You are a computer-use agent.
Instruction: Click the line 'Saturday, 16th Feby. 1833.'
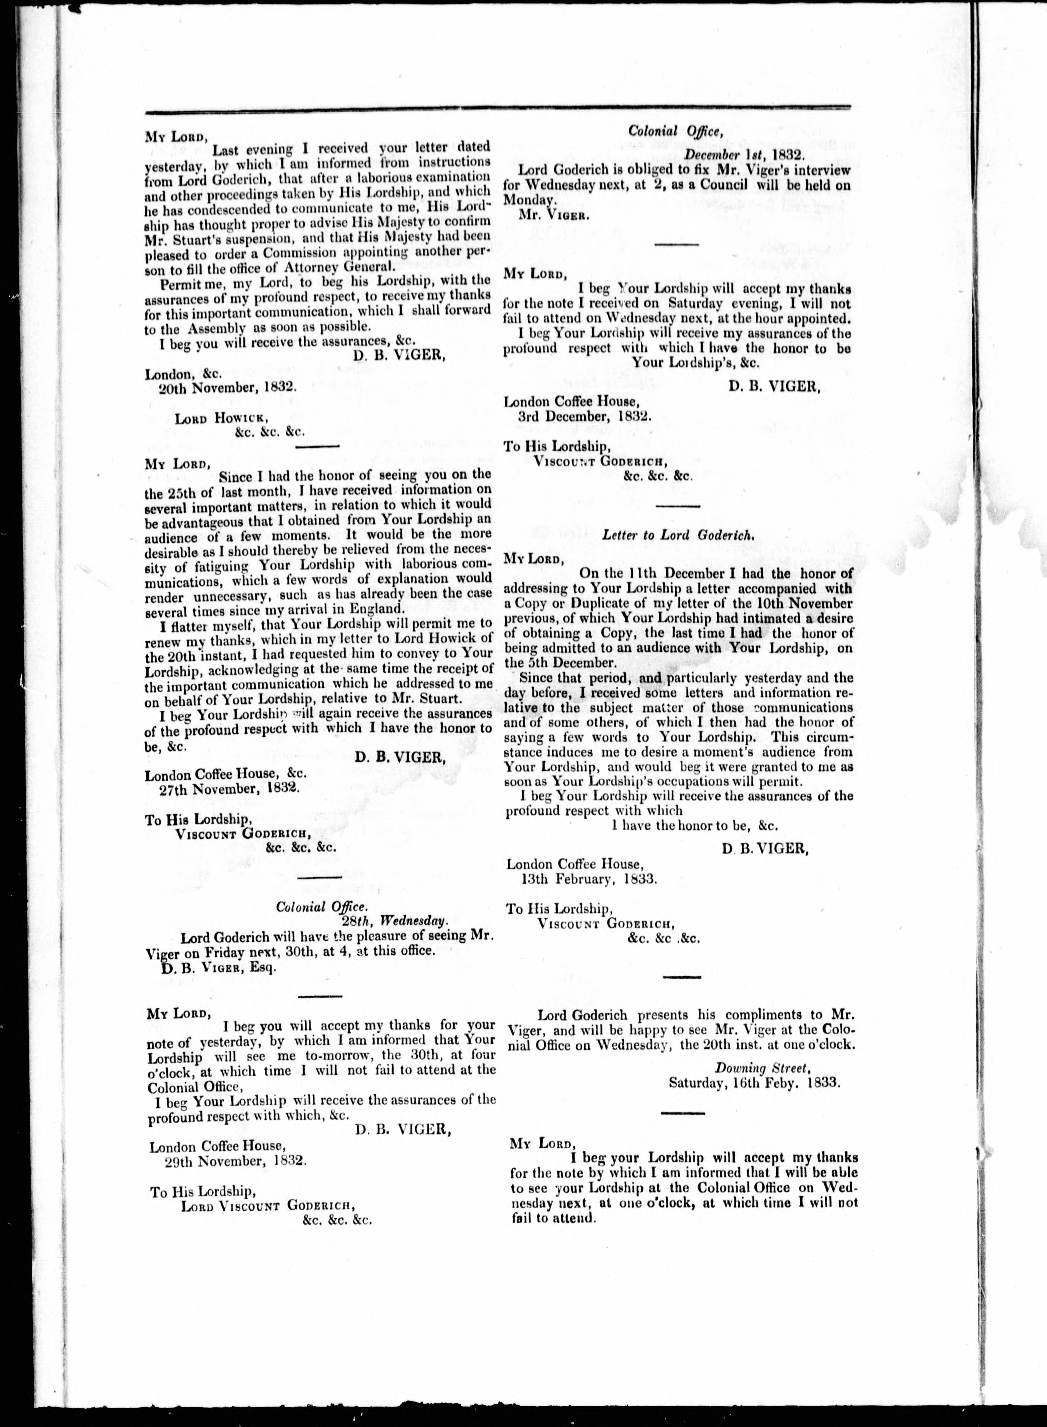coord(755,1083)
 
